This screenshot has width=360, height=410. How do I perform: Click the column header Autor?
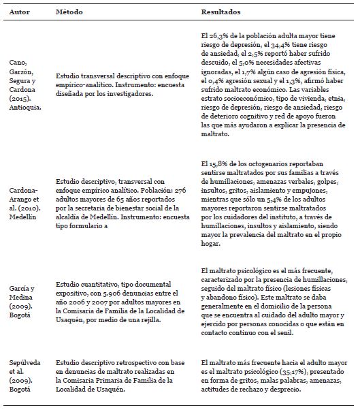point(18,13)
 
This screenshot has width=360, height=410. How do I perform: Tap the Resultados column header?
point(222,13)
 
